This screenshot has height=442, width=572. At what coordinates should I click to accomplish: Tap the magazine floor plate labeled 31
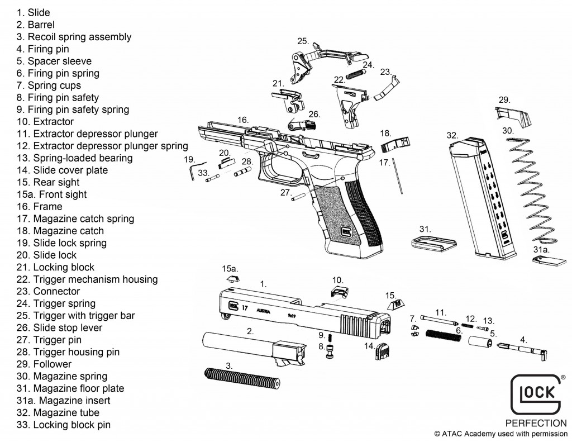[428, 244]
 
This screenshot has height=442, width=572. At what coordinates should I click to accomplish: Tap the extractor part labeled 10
[337, 291]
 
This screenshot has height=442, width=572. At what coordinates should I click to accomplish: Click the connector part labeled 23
[386, 88]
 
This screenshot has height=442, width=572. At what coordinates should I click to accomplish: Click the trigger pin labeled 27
[300, 197]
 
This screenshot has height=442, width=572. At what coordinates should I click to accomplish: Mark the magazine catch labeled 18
[395, 145]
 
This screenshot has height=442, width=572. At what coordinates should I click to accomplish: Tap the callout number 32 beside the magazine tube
[452, 135]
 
